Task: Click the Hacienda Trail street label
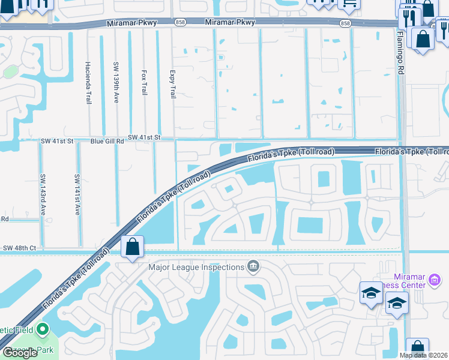pyautogui.click(x=88, y=83)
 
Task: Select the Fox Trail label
pyautogui.click(x=144, y=82)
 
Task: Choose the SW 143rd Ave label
pyautogui.click(x=43, y=194)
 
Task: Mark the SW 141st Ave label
pyautogui.click(x=77, y=194)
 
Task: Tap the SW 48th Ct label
pyautogui.click(x=20, y=248)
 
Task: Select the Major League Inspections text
pyautogui.click(x=197, y=266)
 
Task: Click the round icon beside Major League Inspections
pyautogui.click(x=253, y=266)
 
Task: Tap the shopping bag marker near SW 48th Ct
pyautogui.click(x=132, y=247)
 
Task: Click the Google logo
pyautogui.click(x=20, y=353)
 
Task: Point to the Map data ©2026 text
pyautogui.click(x=423, y=355)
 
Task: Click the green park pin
pyautogui.click(x=42, y=329)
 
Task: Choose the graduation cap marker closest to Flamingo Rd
pyautogui.click(x=396, y=303)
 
